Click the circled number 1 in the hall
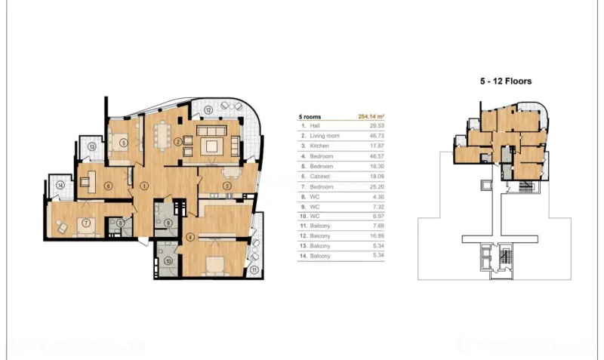click(144, 185)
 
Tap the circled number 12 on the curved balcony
click(207, 110)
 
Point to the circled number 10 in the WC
click(168, 262)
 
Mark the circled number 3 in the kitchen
click(226, 186)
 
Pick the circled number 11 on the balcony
click(254, 268)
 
